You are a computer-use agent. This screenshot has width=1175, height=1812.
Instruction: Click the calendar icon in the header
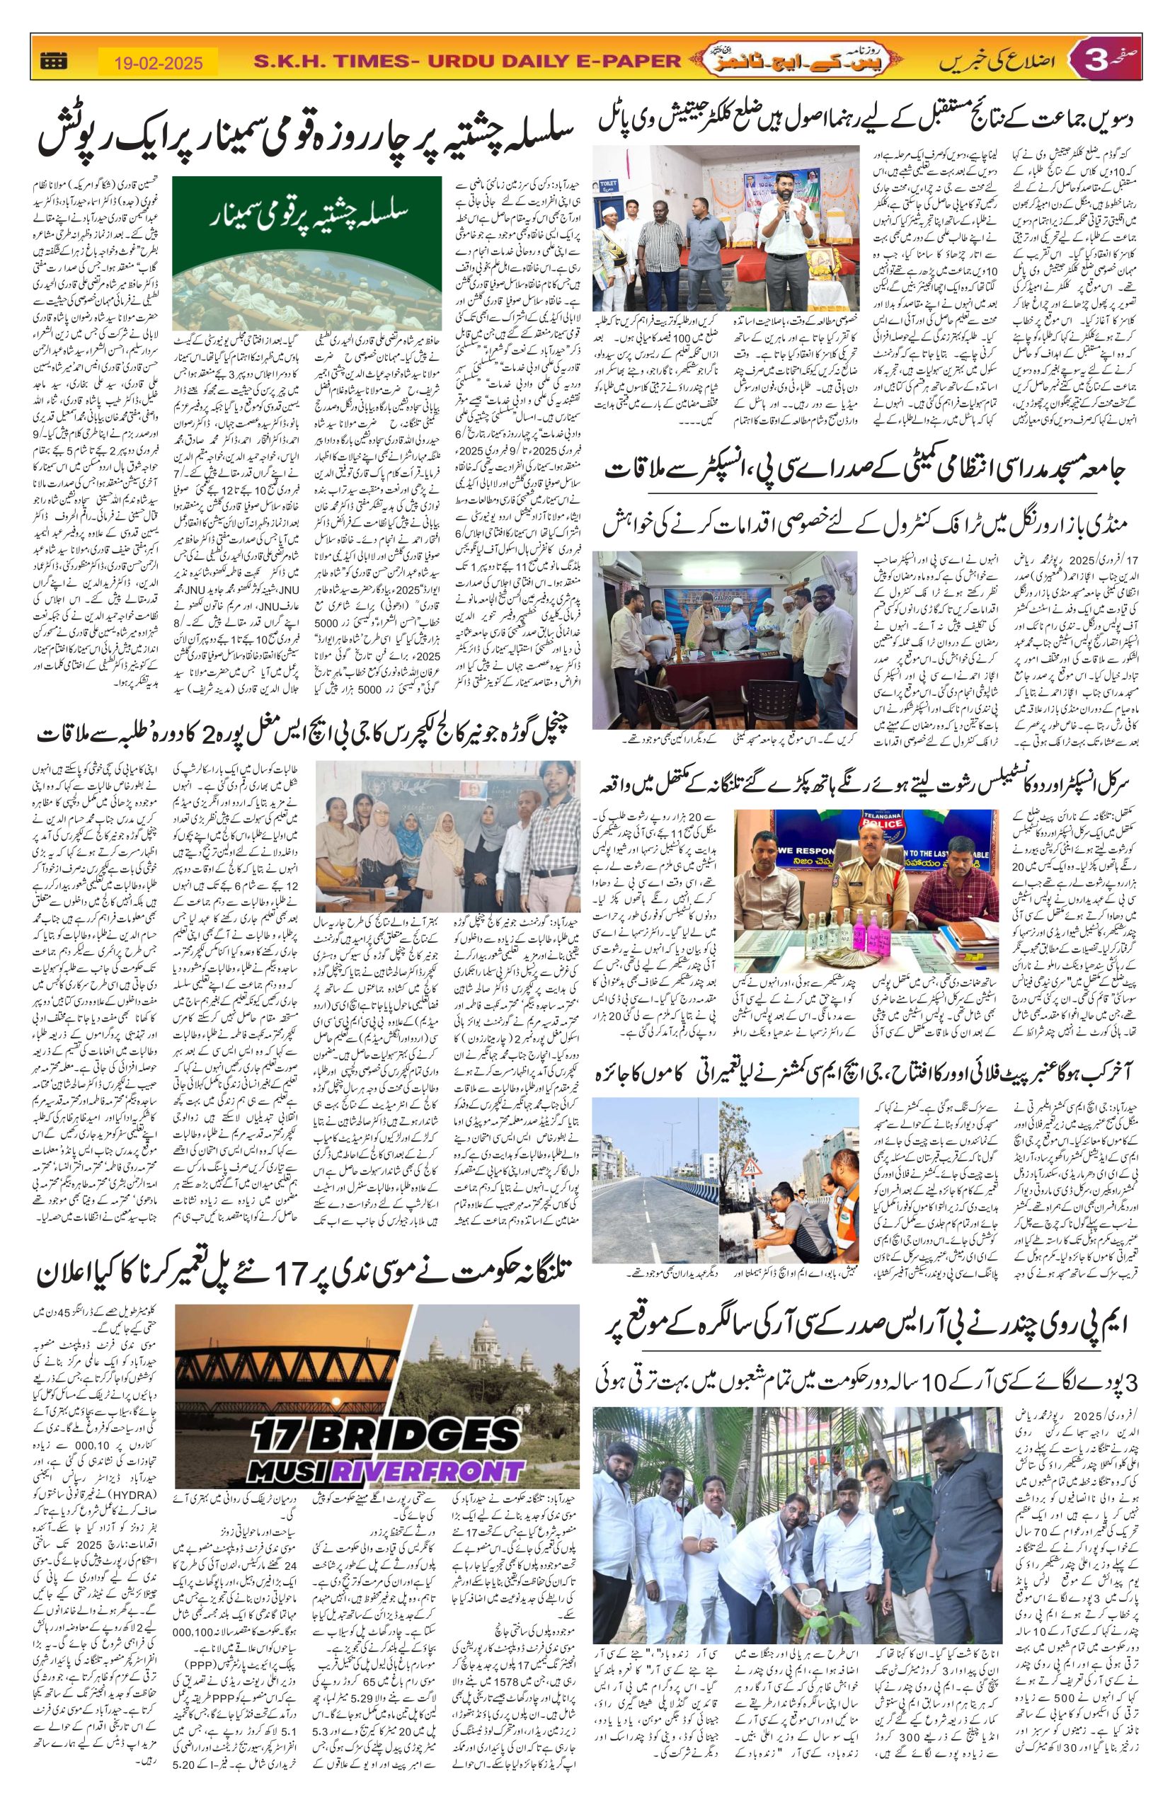coord(52,61)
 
